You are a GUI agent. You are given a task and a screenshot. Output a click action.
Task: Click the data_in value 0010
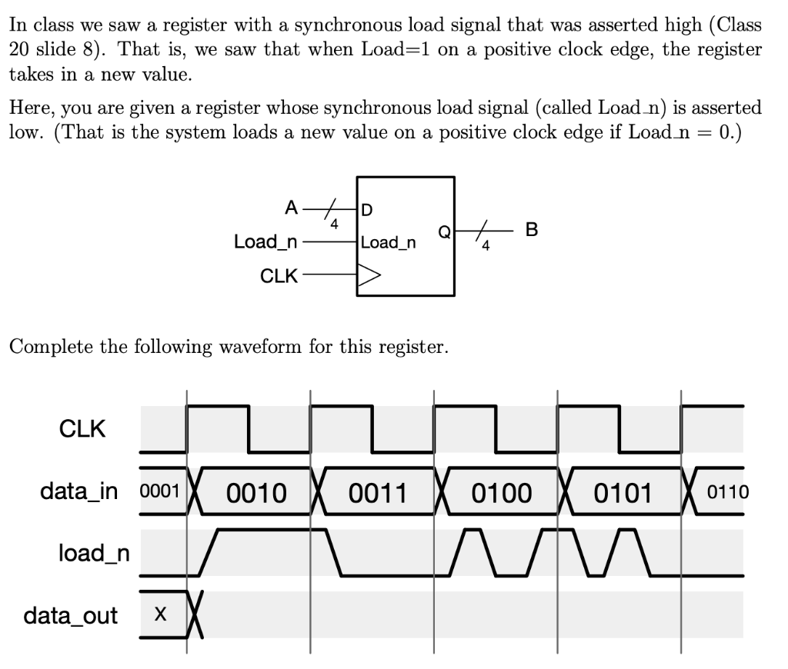click(255, 492)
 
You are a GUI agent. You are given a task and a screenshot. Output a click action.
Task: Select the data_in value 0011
click(377, 492)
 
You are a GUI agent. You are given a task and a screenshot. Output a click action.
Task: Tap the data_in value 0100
click(501, 492)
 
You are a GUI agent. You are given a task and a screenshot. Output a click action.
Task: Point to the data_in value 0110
click(727, 492)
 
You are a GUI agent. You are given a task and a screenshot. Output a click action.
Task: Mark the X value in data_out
click(160, 615)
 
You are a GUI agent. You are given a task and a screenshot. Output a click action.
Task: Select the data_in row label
click(79, 491)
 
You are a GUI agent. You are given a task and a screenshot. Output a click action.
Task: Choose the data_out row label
click(71, 615)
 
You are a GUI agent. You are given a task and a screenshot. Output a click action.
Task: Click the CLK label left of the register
click(279, 276)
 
